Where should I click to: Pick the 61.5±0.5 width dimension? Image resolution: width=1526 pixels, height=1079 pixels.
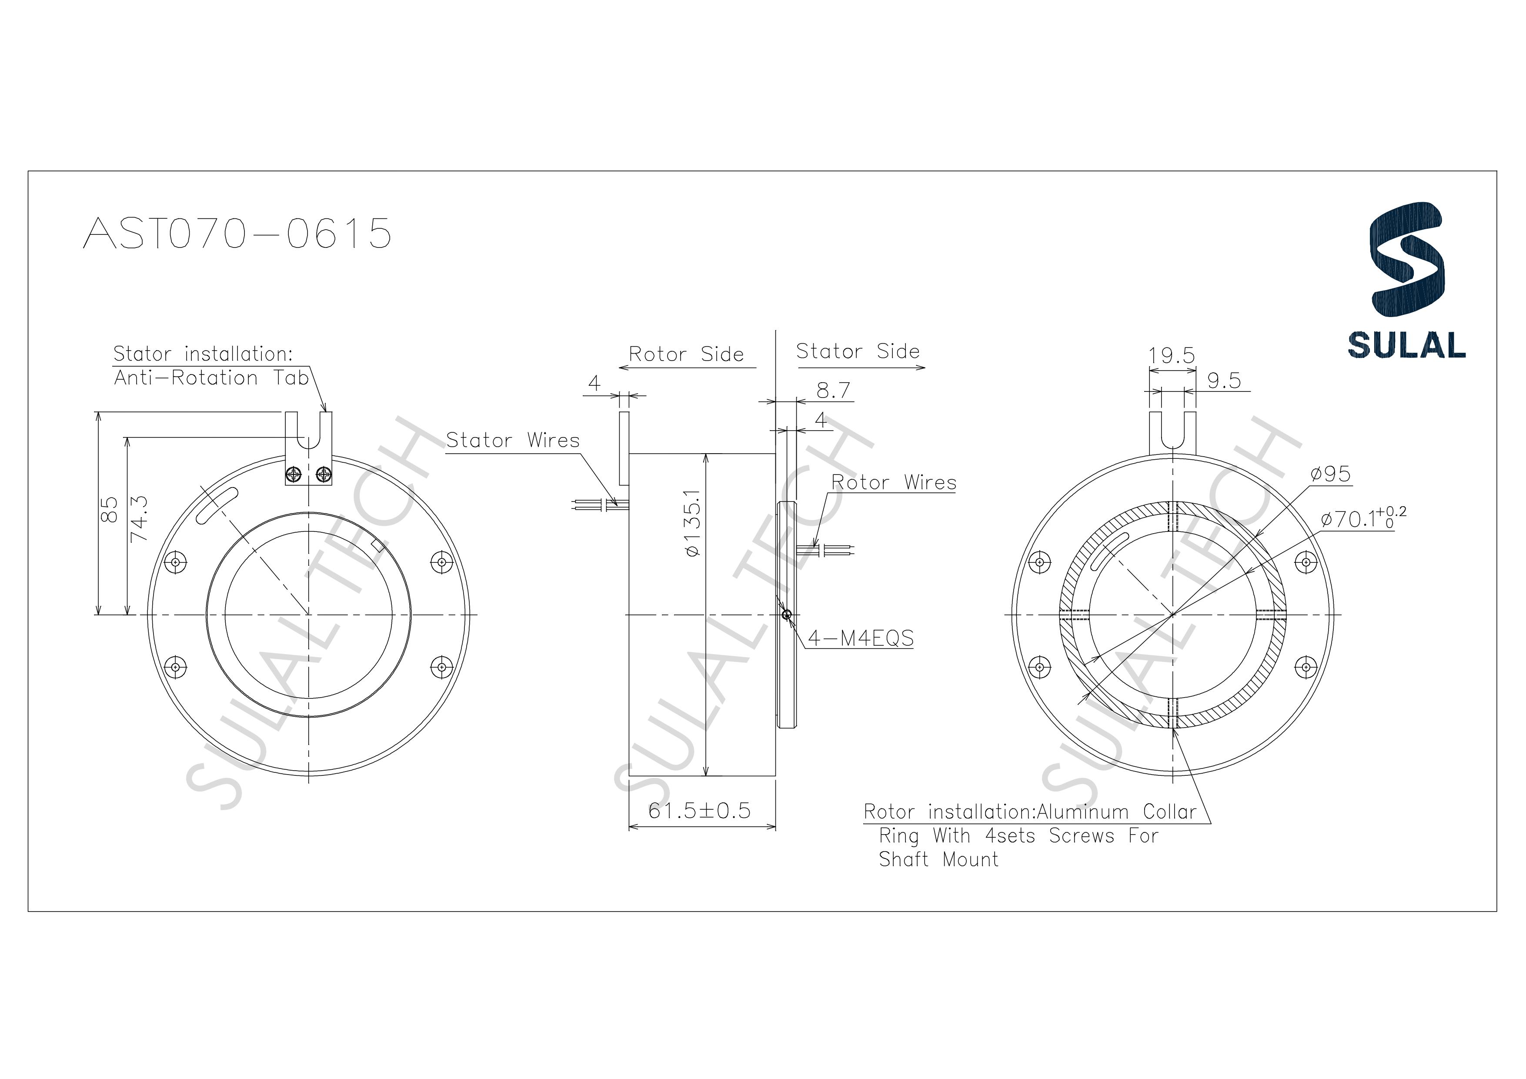[699, 810]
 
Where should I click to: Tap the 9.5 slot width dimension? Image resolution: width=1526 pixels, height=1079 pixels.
[1224, 381]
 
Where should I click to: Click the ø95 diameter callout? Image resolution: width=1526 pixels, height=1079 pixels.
[1331, 474]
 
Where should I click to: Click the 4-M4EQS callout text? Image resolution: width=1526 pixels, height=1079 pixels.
[861, 639]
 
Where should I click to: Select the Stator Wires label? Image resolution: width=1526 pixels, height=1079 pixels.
[512, 440]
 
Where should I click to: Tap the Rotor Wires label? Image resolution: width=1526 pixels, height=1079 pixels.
[893, 483]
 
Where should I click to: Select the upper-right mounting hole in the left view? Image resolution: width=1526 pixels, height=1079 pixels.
[441, 562]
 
